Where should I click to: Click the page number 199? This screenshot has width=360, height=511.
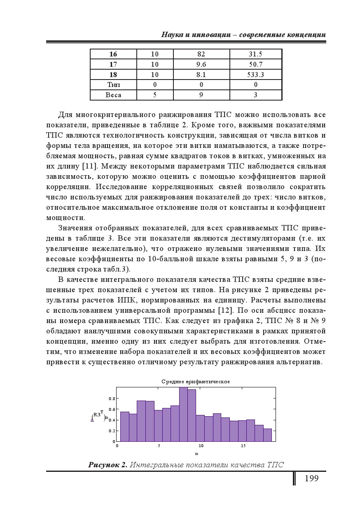pos(311,478)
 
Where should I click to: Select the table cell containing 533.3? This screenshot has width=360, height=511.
pos(255,75)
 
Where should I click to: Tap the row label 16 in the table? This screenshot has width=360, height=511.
pos(113,54)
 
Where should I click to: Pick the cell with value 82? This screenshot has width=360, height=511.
pos(201,54)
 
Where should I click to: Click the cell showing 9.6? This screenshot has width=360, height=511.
pos(201,64)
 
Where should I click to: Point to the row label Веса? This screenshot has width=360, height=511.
pos(113,95)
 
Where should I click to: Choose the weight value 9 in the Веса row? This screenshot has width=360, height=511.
pos(201,95)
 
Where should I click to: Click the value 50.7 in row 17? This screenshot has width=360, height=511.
pos(255,64)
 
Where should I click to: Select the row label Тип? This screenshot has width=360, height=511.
pos(113,85)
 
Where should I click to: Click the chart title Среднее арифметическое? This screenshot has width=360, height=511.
pos(196,382)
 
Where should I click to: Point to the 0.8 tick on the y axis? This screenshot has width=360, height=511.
pos(112,398)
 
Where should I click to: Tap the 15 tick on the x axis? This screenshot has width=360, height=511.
pos(243,446)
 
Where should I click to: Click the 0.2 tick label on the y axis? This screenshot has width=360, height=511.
pos(112,431)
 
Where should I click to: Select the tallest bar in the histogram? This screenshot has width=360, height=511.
pos(183,414)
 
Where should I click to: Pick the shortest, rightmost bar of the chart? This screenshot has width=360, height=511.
pos(267,435)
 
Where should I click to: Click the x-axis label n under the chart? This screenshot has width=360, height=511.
pos(196,453)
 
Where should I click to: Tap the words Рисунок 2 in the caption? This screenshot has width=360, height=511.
pos(107,465)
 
